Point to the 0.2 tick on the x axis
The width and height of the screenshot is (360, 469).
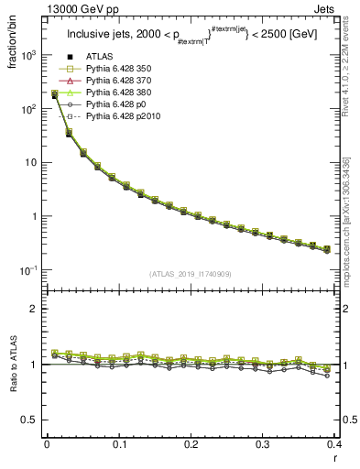(x=191, y=444)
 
